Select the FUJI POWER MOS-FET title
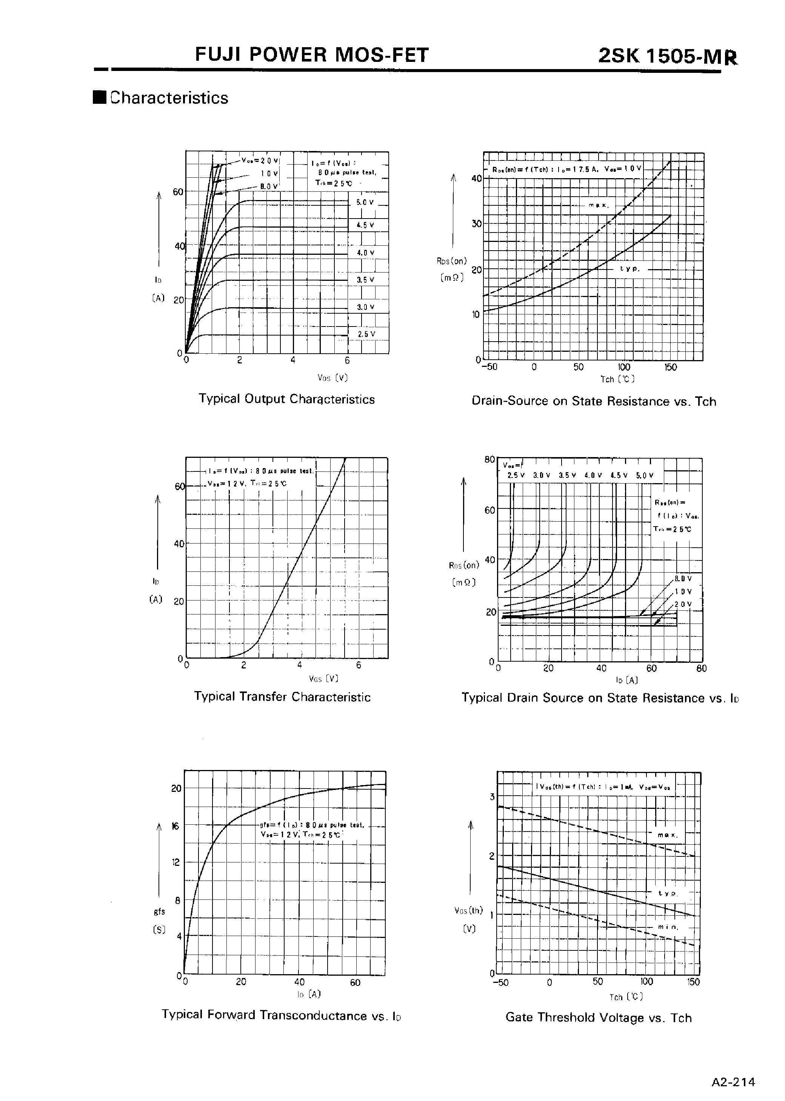coord(312,55)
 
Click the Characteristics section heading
coord(169,98)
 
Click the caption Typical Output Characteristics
coord(287,399)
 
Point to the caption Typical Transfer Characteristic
coord(282,696)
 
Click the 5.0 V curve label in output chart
coord(365,203)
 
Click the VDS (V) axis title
coord(332,377)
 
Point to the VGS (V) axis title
coord(323,678)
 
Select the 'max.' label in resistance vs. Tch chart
coord(599,205)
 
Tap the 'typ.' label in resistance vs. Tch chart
coord(630,269)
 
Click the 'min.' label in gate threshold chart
coord(668,927)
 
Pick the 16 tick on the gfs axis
coord(175,826)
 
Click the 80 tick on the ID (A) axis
coord(701,668)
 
